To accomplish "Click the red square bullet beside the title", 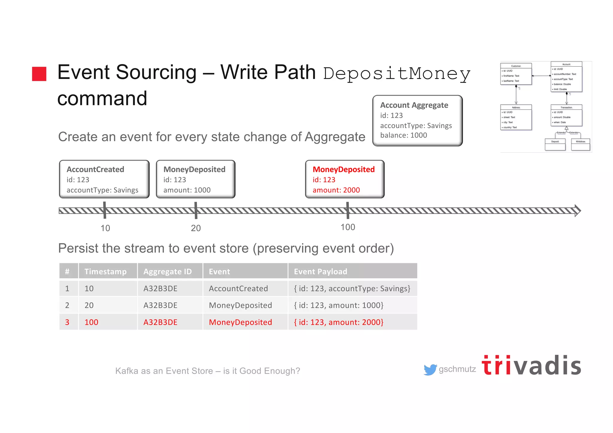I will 39,74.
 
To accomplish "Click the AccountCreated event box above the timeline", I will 104,179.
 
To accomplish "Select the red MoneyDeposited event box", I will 345,179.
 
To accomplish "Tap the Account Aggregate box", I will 417,121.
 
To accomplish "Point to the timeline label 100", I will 348,227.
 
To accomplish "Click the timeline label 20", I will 196,228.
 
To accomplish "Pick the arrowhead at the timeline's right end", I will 578,211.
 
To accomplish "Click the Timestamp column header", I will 105,271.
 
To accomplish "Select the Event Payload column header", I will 320,271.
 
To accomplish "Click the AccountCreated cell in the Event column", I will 238,288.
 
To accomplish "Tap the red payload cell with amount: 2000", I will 339,322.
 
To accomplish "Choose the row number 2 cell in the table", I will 67,305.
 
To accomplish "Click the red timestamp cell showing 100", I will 91,322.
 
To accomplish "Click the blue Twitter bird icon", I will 430,370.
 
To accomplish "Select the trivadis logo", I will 531,366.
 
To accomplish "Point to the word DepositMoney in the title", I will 397,74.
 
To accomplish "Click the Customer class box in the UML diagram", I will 516,74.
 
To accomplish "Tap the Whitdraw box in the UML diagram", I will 580,144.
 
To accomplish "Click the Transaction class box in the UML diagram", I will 566,115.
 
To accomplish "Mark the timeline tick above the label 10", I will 105,210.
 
